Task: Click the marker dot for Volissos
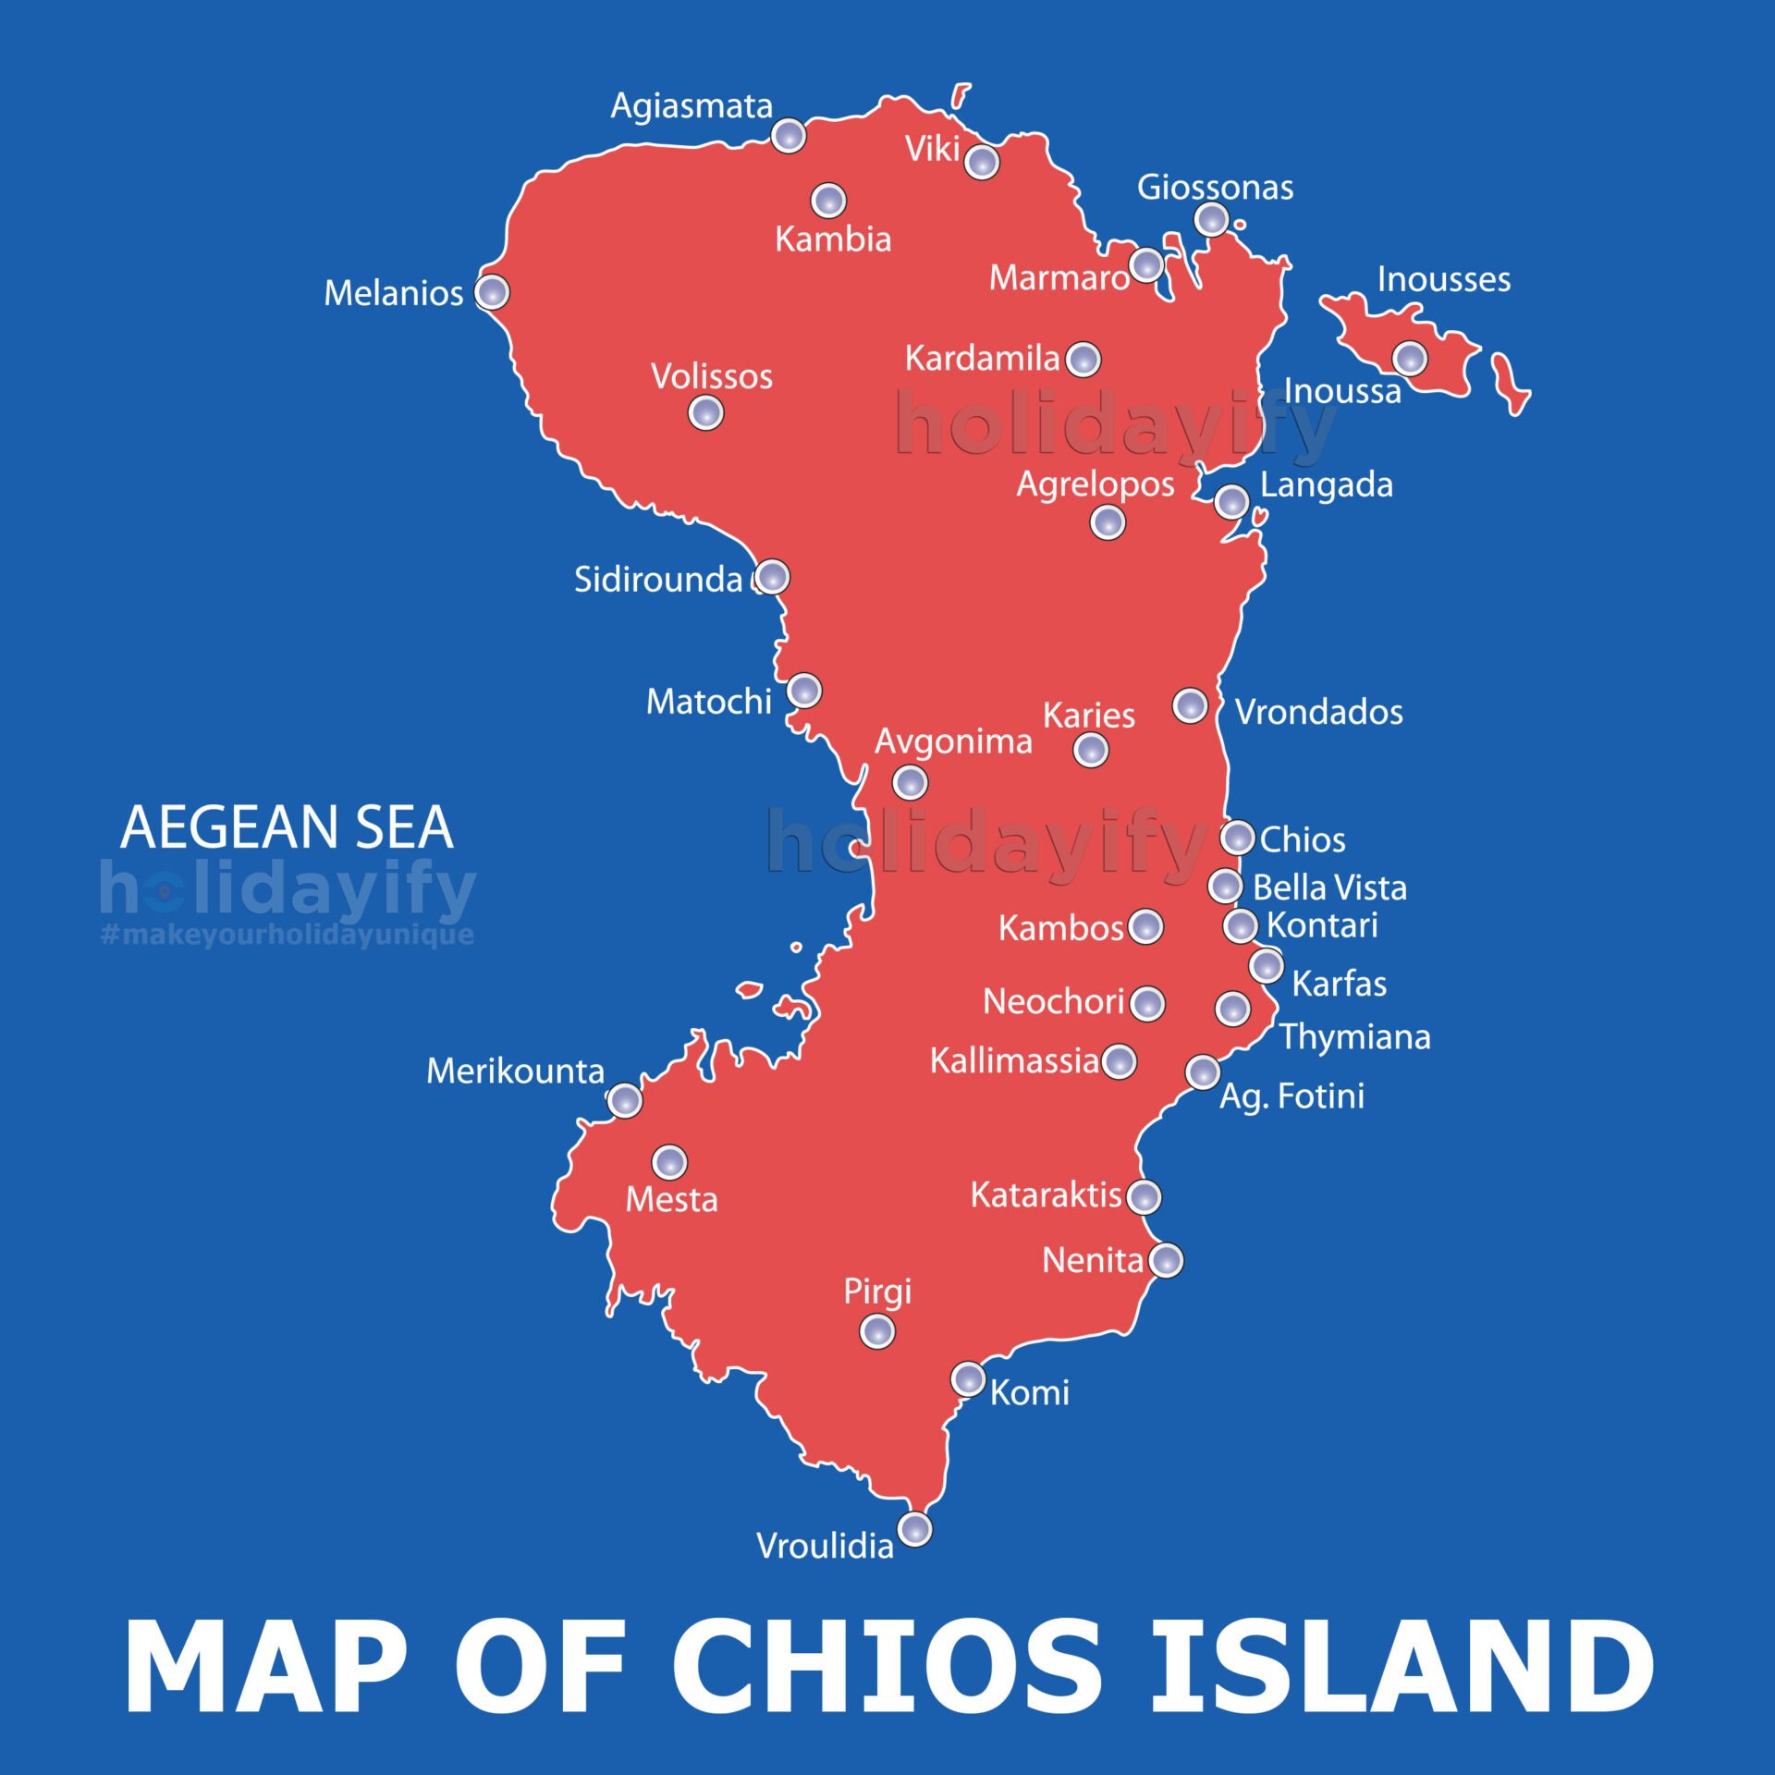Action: pos(705,412)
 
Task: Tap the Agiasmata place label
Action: pos(691,106)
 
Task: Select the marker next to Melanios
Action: pos(492,292)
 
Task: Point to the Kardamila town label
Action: pos(982,358)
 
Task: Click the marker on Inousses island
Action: pos(1410,358)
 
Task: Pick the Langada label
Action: pos(1326,484)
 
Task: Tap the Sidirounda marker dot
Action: pos(772,577)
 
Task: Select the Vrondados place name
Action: pos(1319,712)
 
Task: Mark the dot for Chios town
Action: pos(1237,838)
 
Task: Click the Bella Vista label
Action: pos(1329,887)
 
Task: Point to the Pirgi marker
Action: pos(876,1332)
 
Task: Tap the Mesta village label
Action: pos(671,1200)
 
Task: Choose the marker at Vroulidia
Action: pos(915,1528)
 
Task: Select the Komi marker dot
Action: pos(968,1379)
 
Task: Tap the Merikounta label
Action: pos(515,1071)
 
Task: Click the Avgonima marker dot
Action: pos(910,783)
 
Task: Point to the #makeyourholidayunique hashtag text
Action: pos(287,934)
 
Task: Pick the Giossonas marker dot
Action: pos(1211,220)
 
